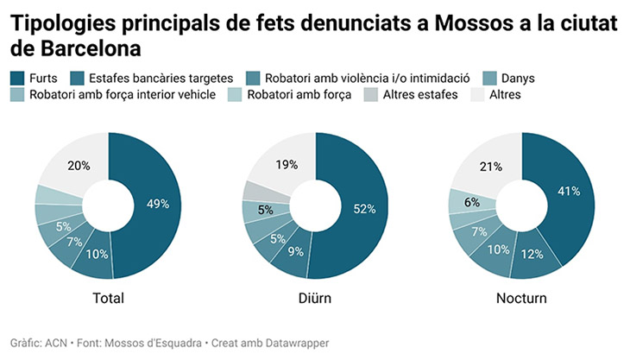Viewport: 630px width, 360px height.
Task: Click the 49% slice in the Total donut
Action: tap(156, 205)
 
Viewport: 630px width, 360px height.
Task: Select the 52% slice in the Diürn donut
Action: tap(363, 208)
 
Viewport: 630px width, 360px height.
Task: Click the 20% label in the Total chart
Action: tap(79, 166)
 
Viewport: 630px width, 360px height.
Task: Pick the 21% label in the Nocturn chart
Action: tap(490, 167)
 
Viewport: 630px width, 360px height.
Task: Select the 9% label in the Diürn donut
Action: tap(296, 253)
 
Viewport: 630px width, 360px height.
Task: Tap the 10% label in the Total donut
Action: tap(96, 255)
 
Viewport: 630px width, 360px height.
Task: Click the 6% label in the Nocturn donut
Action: tap(471, 202)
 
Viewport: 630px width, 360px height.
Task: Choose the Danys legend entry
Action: tap(517, 79)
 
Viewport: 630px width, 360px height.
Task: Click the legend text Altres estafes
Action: tap(419, 94)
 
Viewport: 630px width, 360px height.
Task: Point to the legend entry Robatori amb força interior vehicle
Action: tap(122, 94)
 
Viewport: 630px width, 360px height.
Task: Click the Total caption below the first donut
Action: tap(108, 299)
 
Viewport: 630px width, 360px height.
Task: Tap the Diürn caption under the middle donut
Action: tap(315, 299)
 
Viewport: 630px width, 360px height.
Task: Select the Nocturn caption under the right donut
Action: tap(521, 299)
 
